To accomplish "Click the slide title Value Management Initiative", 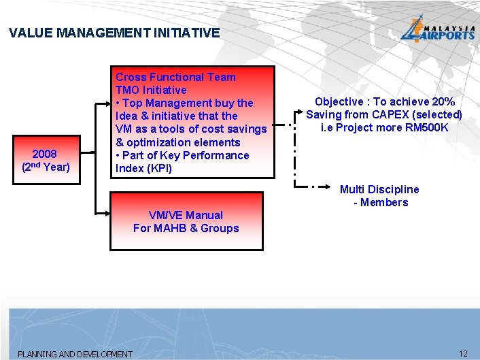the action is [115, 33].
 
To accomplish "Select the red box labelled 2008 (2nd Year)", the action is [46, 160].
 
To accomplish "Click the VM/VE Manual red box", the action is [186, 221].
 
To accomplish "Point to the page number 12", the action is [464, 353].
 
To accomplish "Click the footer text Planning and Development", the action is [75, 354].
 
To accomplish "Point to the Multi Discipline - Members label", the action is [379, 195].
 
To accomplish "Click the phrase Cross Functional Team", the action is [175, 77].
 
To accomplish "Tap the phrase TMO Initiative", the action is [151, 90].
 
